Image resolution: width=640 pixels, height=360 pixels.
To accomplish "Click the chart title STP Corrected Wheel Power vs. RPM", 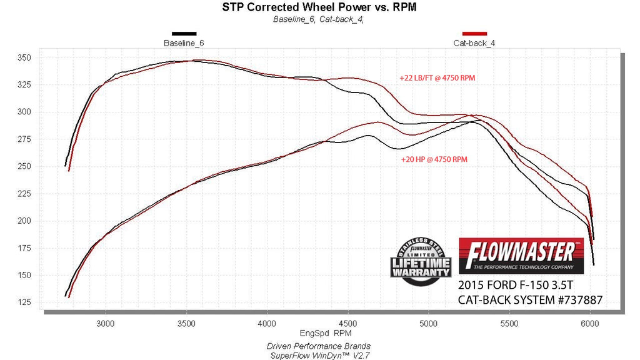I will (x=319, y=7).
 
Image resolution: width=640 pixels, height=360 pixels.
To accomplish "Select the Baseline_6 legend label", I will (x=184, y=43).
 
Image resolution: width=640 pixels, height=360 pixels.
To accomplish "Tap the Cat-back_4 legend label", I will (x=474, y=43).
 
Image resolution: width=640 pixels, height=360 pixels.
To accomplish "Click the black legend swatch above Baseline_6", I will (x=184, y=33).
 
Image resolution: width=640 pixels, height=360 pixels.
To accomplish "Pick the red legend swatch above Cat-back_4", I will (x=474, y=33).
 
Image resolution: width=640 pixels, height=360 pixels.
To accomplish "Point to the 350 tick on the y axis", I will (x=26, y=57).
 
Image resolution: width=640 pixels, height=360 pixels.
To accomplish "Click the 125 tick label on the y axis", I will (x=26, y=303).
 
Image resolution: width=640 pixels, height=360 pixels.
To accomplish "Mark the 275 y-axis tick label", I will (x=26, y=139).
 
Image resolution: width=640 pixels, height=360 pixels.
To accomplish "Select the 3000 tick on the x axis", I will (x=106, y=324).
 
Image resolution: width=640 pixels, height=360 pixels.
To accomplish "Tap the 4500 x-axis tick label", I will (x=347, y=324).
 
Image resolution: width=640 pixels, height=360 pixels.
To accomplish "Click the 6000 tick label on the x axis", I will (x=589, y=324).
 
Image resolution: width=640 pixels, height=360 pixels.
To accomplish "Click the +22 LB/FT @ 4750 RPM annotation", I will (x=442, y=78).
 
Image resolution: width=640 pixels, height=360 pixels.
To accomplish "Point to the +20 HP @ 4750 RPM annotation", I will (x=434, y=159).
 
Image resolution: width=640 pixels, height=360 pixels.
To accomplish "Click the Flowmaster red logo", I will (x=521, y=255).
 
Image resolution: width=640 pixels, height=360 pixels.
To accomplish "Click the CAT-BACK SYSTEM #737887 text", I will (x=530, y=300).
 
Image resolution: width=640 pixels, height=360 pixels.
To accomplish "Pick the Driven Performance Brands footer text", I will (x=319, y=346).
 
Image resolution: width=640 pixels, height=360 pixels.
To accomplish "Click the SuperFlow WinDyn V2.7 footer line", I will (x=319, y=355).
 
